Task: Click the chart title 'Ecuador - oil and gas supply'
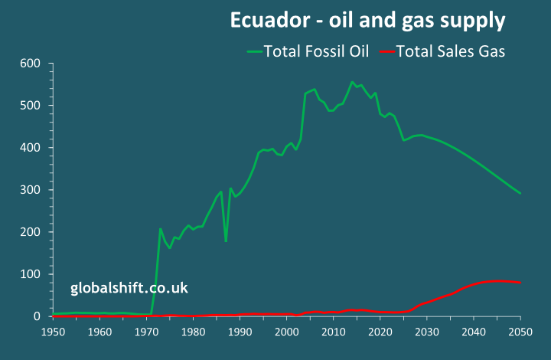pyautogui.click(x=367, y=20)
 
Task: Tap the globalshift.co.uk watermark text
pyautogui.click(x=129, y=288)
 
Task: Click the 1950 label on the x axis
pyautogui.click(x=53, y=332)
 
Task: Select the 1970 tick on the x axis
pyautogui.click(x=146, y=332)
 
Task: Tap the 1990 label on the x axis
pyautogui.click(x=240, y=332)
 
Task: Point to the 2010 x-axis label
pyautogui.click(x=333, y=332)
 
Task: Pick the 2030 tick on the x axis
pyautogui.click(x=427, y=332)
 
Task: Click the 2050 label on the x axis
pyautogui.click(x=520, y=332)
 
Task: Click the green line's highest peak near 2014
pyautogui.click(x=352, y=82)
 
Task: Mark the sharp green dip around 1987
pyautogui.click(x=226, y=241)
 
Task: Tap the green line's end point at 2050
pyautogui.click(x=520, y=193)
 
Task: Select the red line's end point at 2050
pyautogui.click(x=520, y=283)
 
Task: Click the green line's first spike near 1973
pyautogui.click(x=160, y=228)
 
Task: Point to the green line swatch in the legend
pyautogui.click(x=254, y=51)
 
